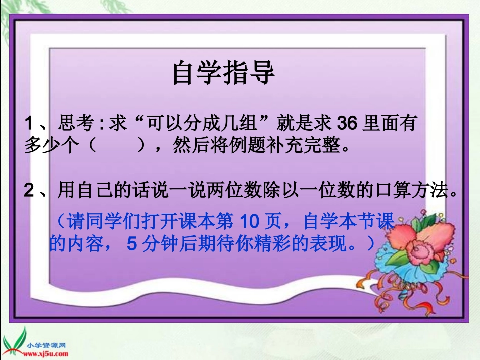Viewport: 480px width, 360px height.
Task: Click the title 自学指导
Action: click(x=223, y=73)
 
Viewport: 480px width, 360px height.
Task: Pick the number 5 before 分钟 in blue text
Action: click(x=132, y=244)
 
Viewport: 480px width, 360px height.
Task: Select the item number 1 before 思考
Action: click(x=29, y=124)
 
